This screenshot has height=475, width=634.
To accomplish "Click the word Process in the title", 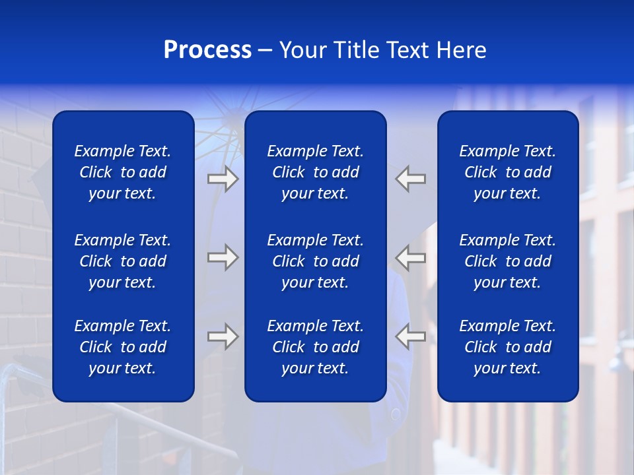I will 207,50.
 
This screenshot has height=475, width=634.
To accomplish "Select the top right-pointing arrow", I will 223,179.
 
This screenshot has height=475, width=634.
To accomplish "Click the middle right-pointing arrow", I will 223,257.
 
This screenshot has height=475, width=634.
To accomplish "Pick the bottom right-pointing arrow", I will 223,336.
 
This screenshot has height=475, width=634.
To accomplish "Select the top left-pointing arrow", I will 411,179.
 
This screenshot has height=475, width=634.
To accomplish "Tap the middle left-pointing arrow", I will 411,257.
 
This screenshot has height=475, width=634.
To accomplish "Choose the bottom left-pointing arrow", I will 411,336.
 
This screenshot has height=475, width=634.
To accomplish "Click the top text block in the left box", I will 123,172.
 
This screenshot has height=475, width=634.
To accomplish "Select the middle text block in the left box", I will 123,261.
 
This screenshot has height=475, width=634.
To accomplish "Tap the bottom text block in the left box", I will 123,347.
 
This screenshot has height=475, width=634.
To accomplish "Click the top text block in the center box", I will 316,172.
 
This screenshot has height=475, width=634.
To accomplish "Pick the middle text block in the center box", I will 316,261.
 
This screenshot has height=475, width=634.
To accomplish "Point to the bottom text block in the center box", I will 316,347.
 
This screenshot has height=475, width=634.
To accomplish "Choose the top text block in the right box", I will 508,172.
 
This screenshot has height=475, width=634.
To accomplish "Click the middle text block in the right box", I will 508,261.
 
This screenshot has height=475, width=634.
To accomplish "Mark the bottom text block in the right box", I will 508,347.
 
